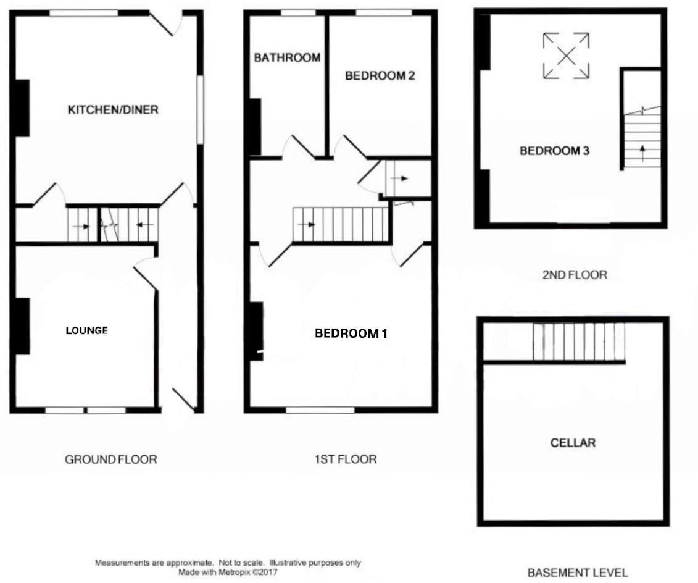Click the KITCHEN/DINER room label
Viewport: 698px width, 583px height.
tap(113, 110)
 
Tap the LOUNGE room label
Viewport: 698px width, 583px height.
tap(87, 330)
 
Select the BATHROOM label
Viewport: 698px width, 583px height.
tap(287, 58)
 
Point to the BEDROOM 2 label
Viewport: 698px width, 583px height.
tap(380, 76)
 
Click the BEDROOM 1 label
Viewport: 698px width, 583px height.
tap(351, 333)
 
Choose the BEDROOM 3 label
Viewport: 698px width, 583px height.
tap(554, 151)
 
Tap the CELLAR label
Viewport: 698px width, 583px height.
tap(573, 443)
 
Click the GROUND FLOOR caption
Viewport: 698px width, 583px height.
tap(111, 459)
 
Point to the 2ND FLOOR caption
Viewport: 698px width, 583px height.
tap(575, 275)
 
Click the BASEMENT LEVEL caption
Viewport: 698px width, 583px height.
tap(577, 573)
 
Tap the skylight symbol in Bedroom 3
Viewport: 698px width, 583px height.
tap(566, 56)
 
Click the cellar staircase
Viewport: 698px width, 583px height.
tap(578, 342)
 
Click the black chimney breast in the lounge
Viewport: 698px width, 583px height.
tap(22, 326)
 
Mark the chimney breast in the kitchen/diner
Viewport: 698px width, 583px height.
tap(22, 108)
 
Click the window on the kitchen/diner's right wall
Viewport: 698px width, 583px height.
tap(200, 111)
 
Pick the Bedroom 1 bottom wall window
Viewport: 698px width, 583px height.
tap(320, 409)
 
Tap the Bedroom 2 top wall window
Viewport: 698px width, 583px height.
tap(384, 12)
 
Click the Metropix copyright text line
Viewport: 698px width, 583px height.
tap(228, 573)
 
